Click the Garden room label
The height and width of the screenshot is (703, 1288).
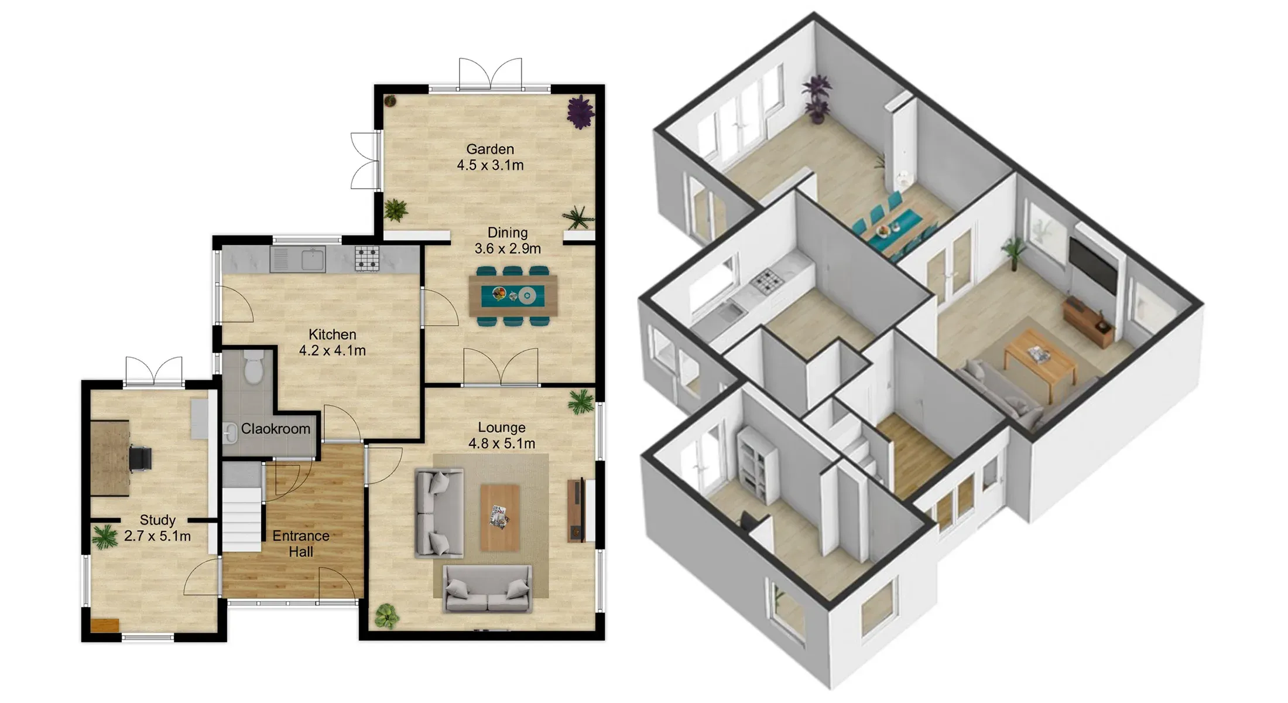pos(490,149)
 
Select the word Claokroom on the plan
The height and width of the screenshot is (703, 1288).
pos(276,429)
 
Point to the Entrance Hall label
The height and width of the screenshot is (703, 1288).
pos(301,544)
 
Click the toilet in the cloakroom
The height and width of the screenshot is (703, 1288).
pos(254,367)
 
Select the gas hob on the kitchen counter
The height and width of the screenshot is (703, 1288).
pos(367,258)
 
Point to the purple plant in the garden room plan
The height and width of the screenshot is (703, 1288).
pos(580,112)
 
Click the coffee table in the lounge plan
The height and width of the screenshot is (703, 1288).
pos(500,517)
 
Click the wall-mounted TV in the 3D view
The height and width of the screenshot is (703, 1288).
pos(1093,266)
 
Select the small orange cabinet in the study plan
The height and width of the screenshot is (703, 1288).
pos(105,626)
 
